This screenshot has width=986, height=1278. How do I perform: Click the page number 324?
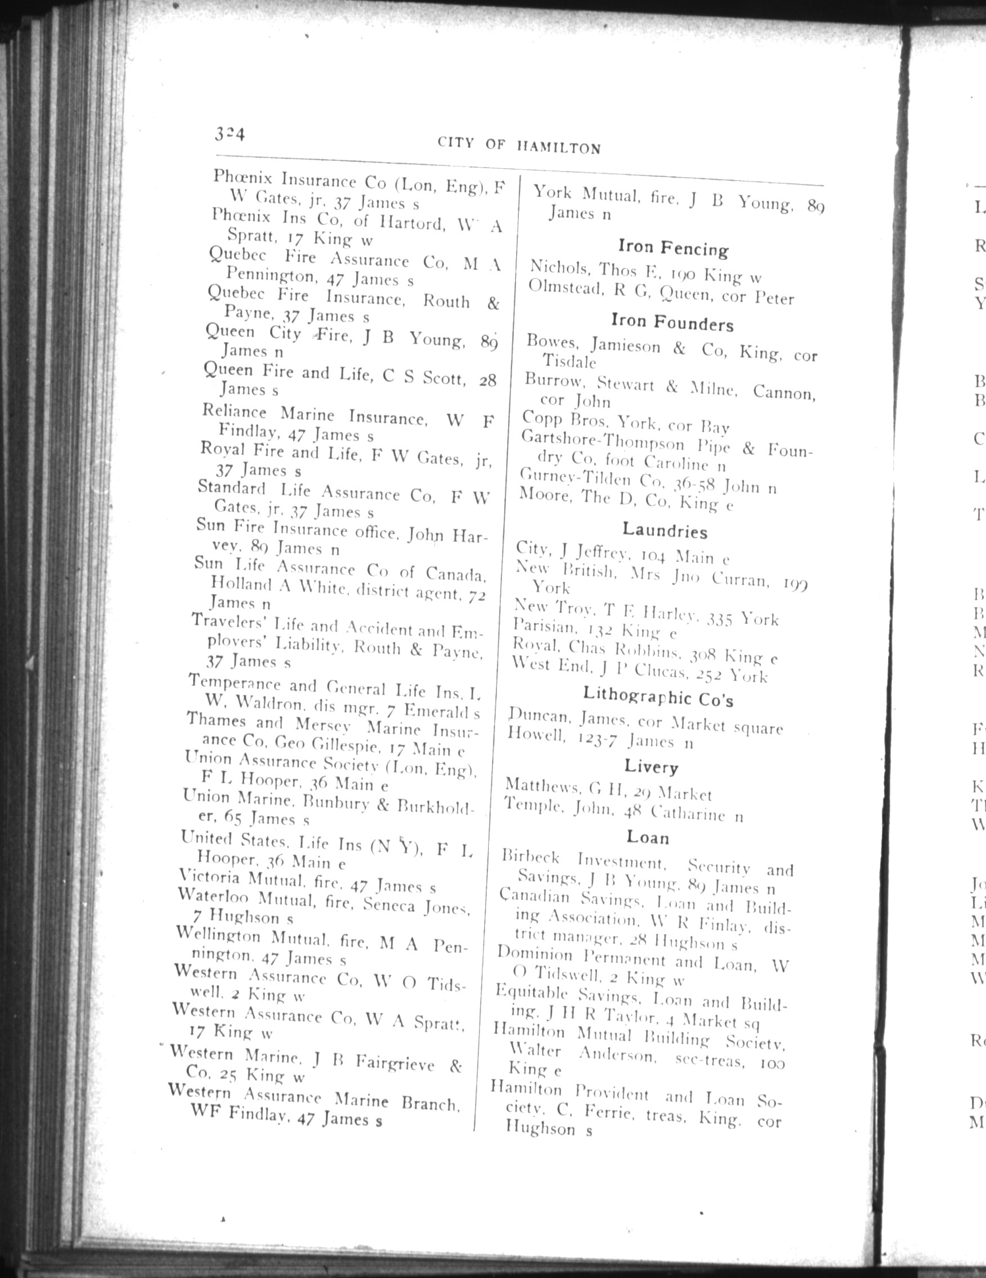[229, 135]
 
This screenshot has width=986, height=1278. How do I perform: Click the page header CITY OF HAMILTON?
[519, 146]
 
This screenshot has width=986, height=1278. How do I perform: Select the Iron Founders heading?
[671, 322]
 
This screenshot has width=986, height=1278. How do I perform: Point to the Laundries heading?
[665, 530]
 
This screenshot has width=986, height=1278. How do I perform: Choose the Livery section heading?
[651, 767]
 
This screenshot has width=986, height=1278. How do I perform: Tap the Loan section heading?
[648, 838]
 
